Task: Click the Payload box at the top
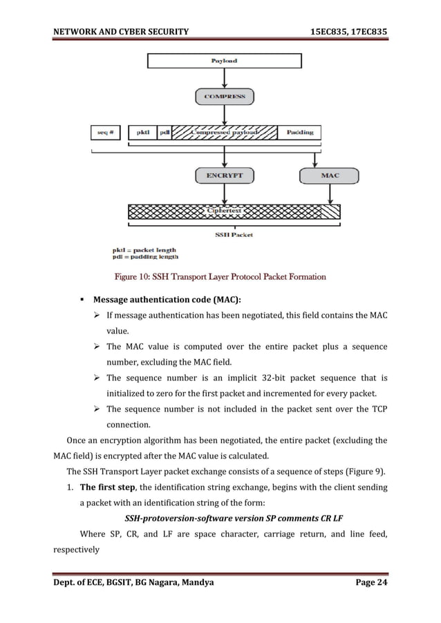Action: (223, 61)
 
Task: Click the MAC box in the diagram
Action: (330, 175)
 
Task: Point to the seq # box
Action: (106, 131)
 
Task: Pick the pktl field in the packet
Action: (143, 131)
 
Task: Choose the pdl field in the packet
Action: (165, 131)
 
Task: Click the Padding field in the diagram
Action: (299, 131)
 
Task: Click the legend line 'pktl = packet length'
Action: (144, 250)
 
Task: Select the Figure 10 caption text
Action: (220, 277)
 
